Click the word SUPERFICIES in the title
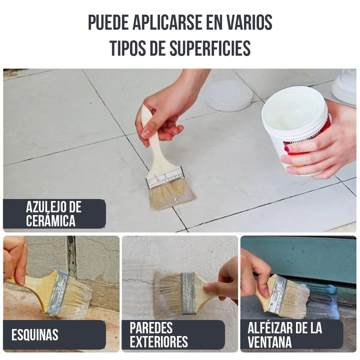coord(210,48)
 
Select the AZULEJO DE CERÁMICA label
coord(54,214)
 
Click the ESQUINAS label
coord(35,335)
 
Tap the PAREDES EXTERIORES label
coord(159,335)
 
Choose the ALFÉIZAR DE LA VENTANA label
coord(285,335)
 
